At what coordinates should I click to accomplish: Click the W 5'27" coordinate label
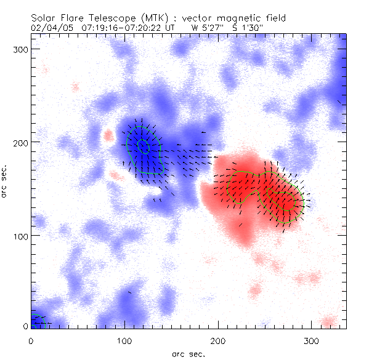[205, 28]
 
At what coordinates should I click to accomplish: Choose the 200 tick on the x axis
[218, 340]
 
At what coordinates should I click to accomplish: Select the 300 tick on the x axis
[312, 340]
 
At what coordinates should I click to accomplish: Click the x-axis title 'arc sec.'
[188, 353]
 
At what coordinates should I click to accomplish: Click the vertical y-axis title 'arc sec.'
[5, 181]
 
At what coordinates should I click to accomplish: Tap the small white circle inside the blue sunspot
[143, 146]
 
